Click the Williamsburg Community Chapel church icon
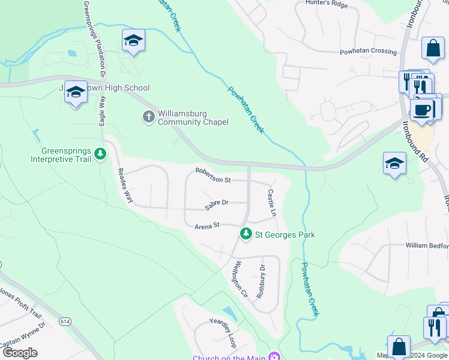pyautogui.click(x=149, y=116)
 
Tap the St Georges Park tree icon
pyautogui.click(x=245, y=234)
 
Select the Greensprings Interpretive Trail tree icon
pyautogui.click(x=101, y=154)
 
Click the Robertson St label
pyautogui.click(x=213, y=179)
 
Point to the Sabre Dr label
pyautogui.click(x=217, y=203)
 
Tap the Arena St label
pyautogui.click(x=208, y=226)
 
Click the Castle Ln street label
pyautogui.click(x=271, y=202)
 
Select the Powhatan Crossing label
pyautogui.click(x=368, y=52)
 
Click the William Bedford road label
pyautogui.click(x=427, y=245)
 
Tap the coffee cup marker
pyautogui.click(x=423, y=110)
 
